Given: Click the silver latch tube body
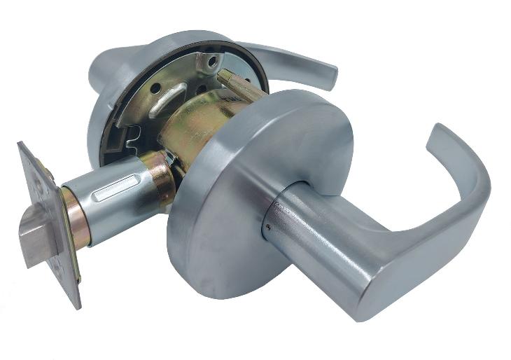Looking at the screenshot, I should click(x=112, y=210).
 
